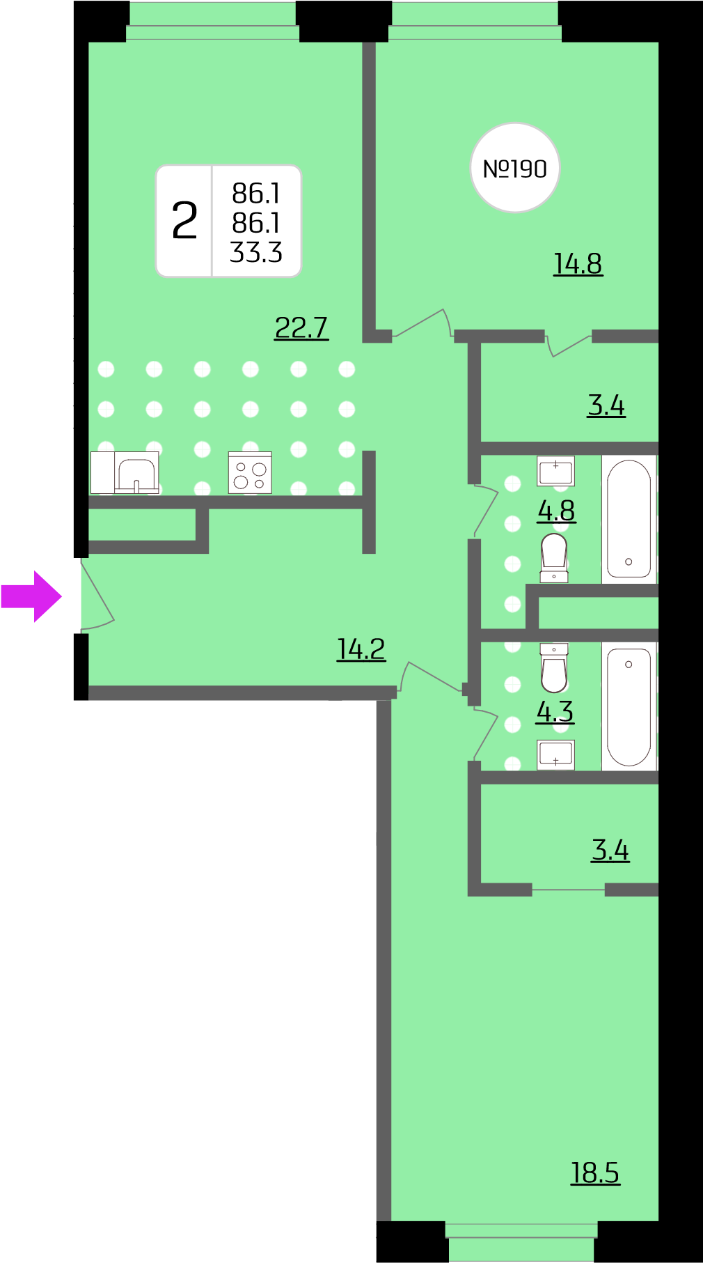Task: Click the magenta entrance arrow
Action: click(31, 596)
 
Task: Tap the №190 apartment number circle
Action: click(515, 168)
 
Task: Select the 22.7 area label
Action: click(301, 327)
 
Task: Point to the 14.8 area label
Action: click(578, 264)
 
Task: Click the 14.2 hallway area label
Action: click(361, 649)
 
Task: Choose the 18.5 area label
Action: click(595, 1172)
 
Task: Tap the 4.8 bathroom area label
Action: click(556, 511)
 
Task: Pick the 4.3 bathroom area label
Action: click(555, 711)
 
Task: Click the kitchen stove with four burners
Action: click(250, 472)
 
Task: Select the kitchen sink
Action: click(137, 473)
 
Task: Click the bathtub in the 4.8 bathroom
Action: click(629, 519)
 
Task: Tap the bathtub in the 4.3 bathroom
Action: click(629, 706)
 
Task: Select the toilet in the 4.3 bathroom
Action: click(554, 667)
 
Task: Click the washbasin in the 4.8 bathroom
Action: click(555, 471)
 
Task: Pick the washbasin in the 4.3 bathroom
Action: click(555, 755)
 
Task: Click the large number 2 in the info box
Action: click(184, 221)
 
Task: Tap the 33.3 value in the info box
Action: click(256, 252)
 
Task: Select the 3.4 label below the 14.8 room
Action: click(606, 405)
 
